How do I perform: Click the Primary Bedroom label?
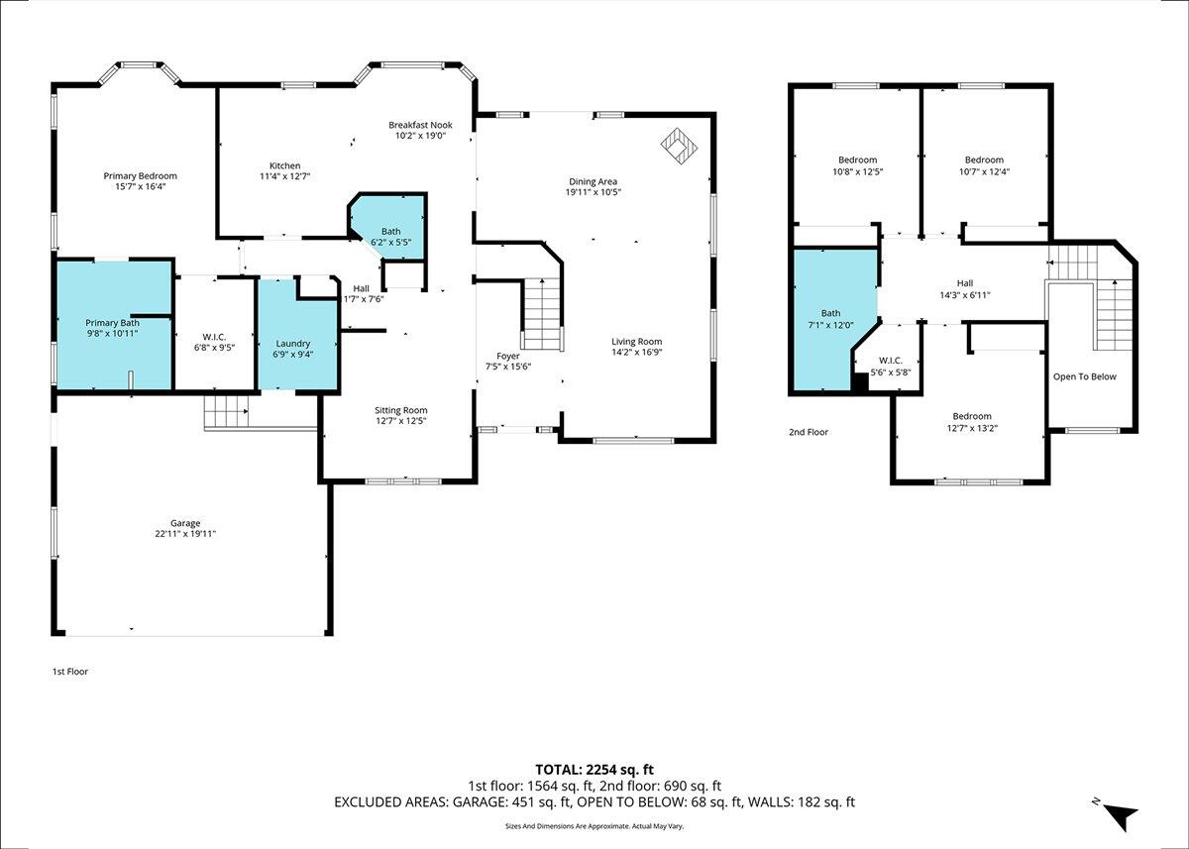tap(140, 176)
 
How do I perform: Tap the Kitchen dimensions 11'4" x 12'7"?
tap(284, 176)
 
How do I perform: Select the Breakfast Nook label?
tap(420, 125)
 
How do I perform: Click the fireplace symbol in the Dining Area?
tap(679, 146)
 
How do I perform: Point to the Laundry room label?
tap(293, 344)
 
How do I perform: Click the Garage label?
tap(185, 523)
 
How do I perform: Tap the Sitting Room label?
tap(400, 410)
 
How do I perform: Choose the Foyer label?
tap(508, 356)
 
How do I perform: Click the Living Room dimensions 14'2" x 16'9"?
tap(636, 352)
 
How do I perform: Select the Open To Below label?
tap(1084, 376)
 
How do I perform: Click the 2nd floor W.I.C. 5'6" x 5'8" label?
tap(891, 367)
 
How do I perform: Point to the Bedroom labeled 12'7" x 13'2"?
tap(972, 422)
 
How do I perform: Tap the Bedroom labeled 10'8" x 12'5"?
tap(858, 165)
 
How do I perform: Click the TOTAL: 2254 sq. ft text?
tap(594, 770)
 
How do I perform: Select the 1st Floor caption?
tap(70, 672)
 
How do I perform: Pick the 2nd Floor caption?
tap(809, 432)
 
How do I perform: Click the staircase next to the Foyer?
tap(543, 315)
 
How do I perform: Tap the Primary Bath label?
tap(113, 323)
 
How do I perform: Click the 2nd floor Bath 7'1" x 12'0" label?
tap(830, 319)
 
